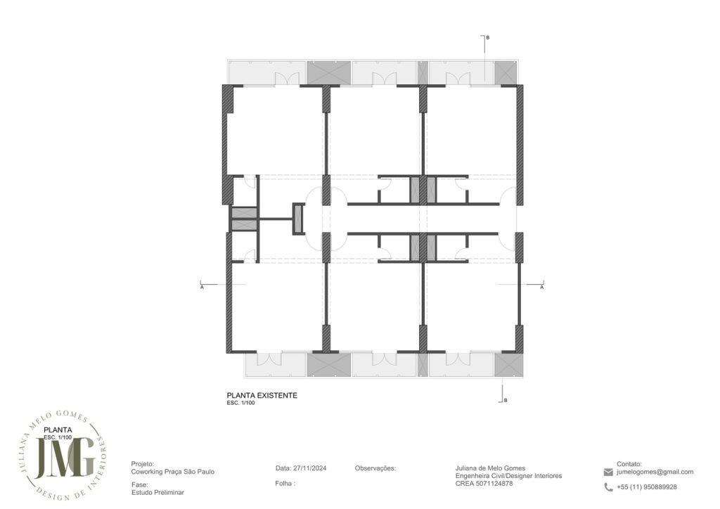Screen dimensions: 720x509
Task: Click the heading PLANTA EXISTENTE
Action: click(x=262, y=395)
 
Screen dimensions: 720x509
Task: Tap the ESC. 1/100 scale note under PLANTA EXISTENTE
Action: click(x=240, y=403)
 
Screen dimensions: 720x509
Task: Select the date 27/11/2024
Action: click(x=309, y=469)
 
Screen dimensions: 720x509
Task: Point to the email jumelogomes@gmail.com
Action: click(x=655, y=472)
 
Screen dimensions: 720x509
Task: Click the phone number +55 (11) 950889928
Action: click(x=647, y=487)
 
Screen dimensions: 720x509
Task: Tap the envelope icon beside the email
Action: click(x=608, y=472)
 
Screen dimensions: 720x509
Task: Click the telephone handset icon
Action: click(x=608, y=487)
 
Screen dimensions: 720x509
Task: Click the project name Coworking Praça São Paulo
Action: click(x=173, y=472)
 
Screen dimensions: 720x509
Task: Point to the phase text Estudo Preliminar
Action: click(x=157, y=492)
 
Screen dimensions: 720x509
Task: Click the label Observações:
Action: click(x=375, y=469)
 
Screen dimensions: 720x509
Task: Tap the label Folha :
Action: click(x=285, y=483)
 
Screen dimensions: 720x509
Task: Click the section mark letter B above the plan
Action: click(x=488, y=38)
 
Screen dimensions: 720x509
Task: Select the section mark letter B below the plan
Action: click(x=506, y=401)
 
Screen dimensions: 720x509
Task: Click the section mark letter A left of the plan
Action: click(x=202, y=288)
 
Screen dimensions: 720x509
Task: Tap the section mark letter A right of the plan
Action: click(x=542, y=288)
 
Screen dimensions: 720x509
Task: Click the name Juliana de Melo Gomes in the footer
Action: click(x=490, y=469)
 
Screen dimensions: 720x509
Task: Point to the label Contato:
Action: click(x=629, y=464)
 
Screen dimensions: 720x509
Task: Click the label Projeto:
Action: click(x=143, y=465)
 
